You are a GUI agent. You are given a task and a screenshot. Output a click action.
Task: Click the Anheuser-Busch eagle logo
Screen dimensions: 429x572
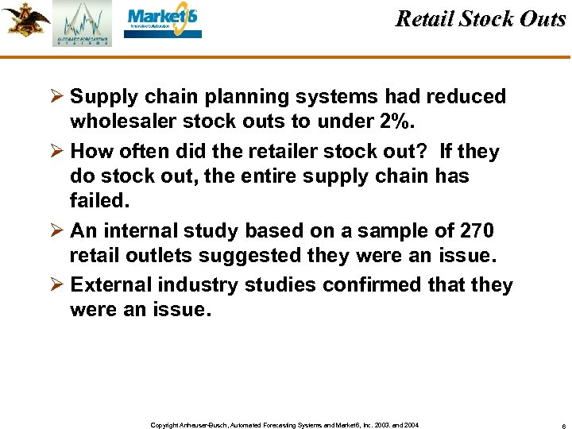tap(25, 20)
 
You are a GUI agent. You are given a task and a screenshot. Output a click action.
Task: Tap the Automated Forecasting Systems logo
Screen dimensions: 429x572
tap(83, 24)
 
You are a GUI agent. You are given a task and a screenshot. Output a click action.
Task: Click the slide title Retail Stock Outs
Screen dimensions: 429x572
tap(480, 19)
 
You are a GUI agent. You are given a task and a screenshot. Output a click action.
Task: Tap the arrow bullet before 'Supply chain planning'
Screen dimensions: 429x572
tap(56, 97)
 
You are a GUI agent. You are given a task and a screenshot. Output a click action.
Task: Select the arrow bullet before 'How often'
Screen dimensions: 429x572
tap(56, 152)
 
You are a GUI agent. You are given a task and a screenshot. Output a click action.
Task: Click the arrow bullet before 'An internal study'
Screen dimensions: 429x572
tap(56, 231)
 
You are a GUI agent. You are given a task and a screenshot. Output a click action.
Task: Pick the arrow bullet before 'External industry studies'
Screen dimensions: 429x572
tap(56, 285)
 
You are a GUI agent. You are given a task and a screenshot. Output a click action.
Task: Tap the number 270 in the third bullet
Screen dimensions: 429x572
tap(477, 231)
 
